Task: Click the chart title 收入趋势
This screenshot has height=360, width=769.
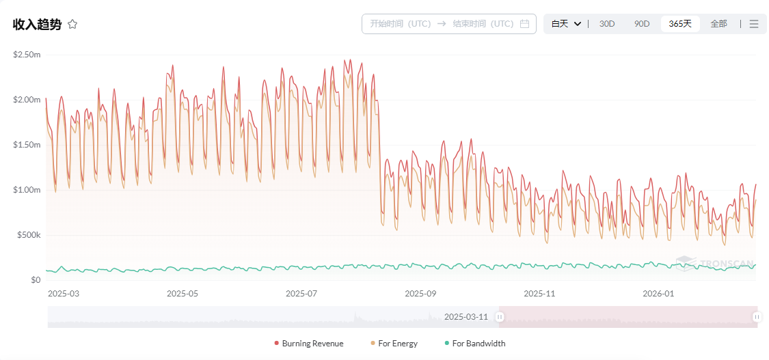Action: [37, 25]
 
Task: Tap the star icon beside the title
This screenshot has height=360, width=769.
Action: [72, 25]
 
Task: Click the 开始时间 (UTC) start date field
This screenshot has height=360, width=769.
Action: [400, 24]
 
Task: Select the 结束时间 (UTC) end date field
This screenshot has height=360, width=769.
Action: [483, 24]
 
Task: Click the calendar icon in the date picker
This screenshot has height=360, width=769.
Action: [525, 24]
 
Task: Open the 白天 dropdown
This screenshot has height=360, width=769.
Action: [566, 24]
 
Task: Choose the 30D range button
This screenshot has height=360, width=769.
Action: [607, 24]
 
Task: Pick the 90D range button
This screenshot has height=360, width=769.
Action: [642, 24]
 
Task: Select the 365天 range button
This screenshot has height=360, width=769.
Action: [680, 24]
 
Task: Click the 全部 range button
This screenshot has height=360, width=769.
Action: [718, 24]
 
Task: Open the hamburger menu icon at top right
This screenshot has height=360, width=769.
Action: [754, 24]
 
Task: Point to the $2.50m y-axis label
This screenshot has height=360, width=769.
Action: [27, 55]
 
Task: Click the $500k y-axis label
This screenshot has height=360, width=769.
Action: [28, 235]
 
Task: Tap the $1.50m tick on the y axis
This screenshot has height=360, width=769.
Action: [27, 145]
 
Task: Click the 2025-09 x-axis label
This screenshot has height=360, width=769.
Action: [420, 294]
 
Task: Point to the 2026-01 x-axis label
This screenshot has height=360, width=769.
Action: [658, 294]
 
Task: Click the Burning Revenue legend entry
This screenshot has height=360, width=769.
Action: [308, 344]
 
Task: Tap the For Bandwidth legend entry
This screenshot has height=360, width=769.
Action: [474, 344]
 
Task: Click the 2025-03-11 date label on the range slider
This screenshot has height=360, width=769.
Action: [466, 317]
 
